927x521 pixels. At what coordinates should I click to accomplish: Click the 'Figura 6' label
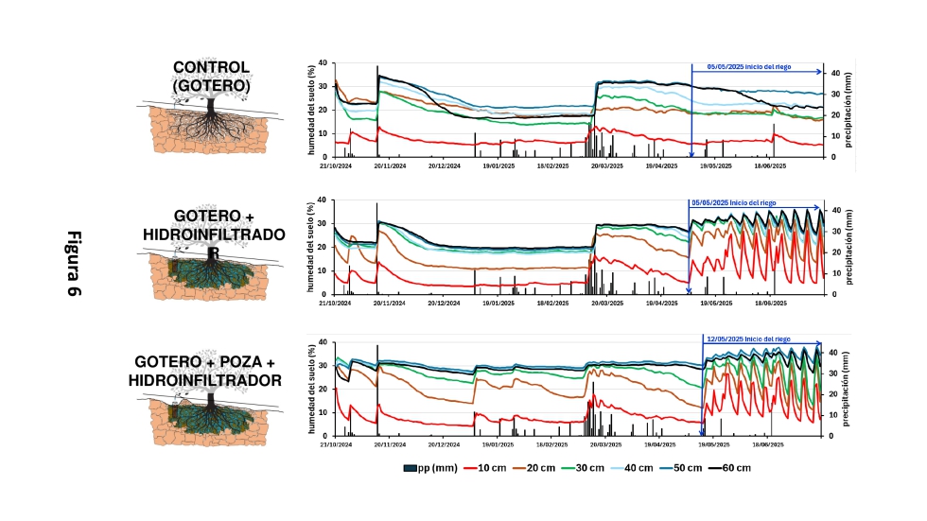coord(72,264)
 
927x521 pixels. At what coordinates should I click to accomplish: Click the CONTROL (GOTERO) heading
coord(210,77)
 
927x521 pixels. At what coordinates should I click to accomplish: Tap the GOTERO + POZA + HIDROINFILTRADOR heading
coord(208,371)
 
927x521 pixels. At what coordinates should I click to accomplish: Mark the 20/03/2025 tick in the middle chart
coord(607,303)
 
